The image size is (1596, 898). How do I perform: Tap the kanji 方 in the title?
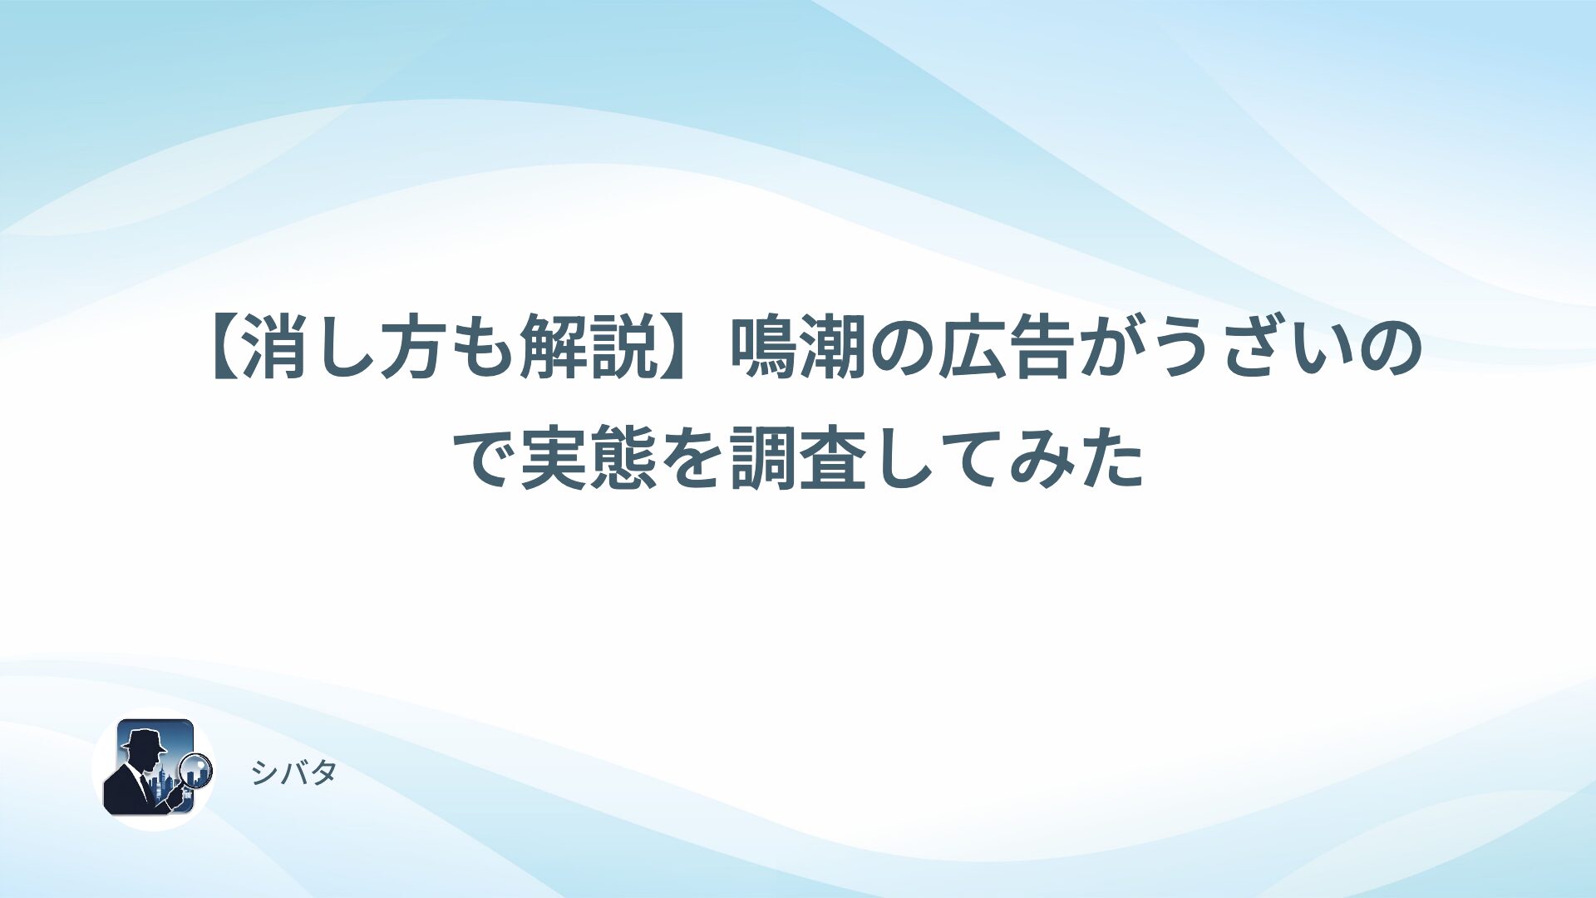pos(416,350)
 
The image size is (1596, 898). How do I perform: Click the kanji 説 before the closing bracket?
pos(624,350)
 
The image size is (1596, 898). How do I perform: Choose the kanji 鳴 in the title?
pos(764,350)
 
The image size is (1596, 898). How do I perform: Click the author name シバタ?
pos(293,773)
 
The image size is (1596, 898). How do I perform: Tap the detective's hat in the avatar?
pos(142,739)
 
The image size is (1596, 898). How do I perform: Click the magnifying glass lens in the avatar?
pos(197,768)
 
